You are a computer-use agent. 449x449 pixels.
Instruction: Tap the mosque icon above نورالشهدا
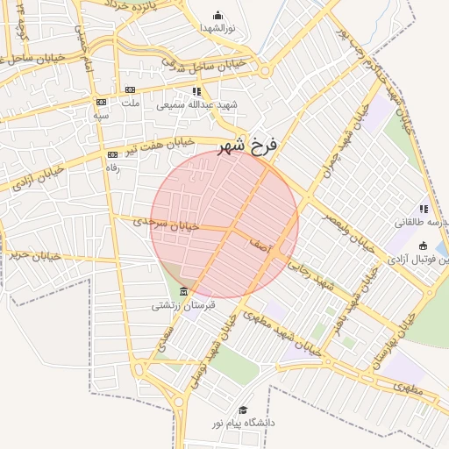(x=217, y=15)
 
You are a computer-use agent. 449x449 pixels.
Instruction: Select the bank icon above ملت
(x=131, y=89)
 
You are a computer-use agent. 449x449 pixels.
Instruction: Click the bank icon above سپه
(x=101, y=103)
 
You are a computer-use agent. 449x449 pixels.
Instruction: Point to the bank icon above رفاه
(x=112, y=155)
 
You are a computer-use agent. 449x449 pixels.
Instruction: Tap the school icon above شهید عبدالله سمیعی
(x=197, y=91)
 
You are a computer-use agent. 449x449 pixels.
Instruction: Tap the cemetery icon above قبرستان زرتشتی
(x=183, y=291)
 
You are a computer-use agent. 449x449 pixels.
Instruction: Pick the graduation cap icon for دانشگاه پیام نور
(x=243, y=410)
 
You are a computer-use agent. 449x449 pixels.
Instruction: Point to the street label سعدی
(x=164, y=340)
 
